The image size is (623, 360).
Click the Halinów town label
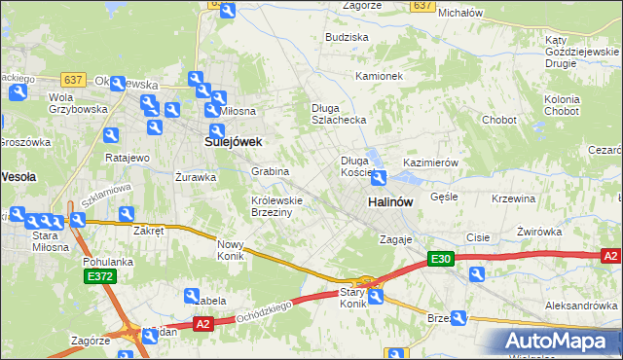[390, 200]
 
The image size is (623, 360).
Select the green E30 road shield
[441, 259]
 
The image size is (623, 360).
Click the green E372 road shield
[97, 277]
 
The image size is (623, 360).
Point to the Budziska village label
[348, 37]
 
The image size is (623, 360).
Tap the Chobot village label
[498, 120]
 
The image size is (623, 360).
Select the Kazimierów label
[430, 162]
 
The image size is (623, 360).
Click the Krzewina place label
[514, 198]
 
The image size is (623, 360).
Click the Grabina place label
[271, 171]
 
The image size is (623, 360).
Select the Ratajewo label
[127, 158]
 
